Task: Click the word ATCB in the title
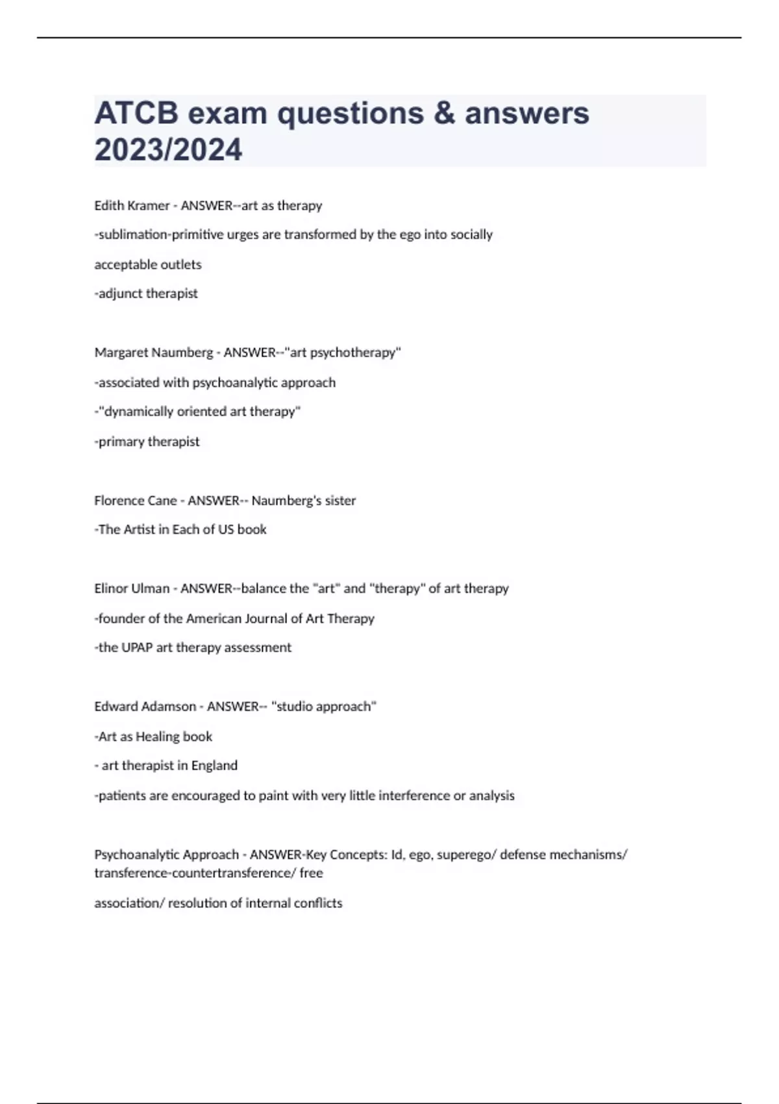click(x=136, y=114)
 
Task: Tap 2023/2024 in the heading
click(x=168, y=149)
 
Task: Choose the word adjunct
click(x=120, y=294)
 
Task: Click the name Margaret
click(x=120, y=353)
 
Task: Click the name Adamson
click(x=168, y=707)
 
